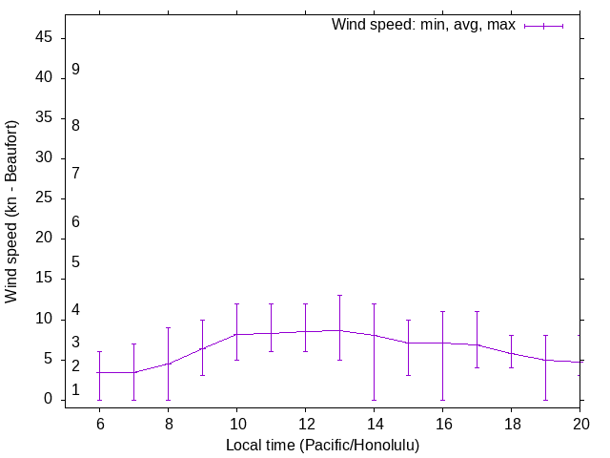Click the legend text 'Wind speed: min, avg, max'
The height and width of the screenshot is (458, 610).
[x=422, y=25]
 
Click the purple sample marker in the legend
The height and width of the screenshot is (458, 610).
[x=543, y=26]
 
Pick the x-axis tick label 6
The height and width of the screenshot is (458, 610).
[x=99, y=425]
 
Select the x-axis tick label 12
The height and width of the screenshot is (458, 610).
[x=305, y=425]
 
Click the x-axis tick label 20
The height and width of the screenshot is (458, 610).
[x=579, y=425]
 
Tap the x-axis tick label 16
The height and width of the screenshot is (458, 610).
[x=442, y=425]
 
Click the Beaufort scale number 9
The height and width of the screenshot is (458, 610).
[x=75, y=70]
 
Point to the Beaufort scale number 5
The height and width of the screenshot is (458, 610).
[x=75, y=262]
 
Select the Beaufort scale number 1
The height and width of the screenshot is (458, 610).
[x=75, y=390]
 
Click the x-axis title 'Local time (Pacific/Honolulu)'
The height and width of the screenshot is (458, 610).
[x=322, y=445]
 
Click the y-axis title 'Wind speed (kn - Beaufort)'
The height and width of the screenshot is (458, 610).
[x=12, y=212]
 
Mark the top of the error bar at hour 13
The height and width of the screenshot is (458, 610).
[x=339, y=296]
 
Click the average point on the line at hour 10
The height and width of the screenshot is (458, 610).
[x=236, y=335]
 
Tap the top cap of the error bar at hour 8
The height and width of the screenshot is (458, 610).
[x=168, y=327]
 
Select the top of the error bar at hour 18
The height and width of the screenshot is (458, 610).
[x=511, y=336]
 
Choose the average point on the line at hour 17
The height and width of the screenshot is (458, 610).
[x=477, y=344]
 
